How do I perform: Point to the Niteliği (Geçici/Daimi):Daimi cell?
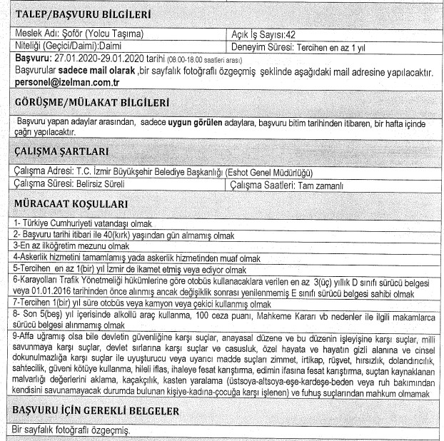[x=71, y=44]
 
